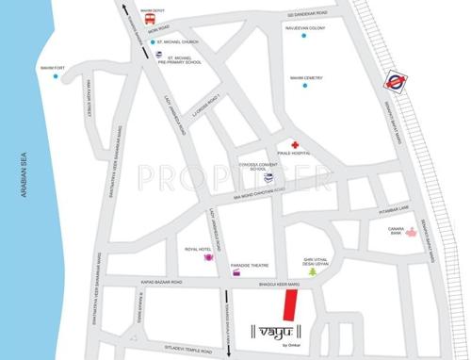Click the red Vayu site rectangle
click(291, 305)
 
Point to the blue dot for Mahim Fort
click(56, 78)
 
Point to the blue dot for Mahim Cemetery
click(305, 85)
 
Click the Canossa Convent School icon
click(268, 177)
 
